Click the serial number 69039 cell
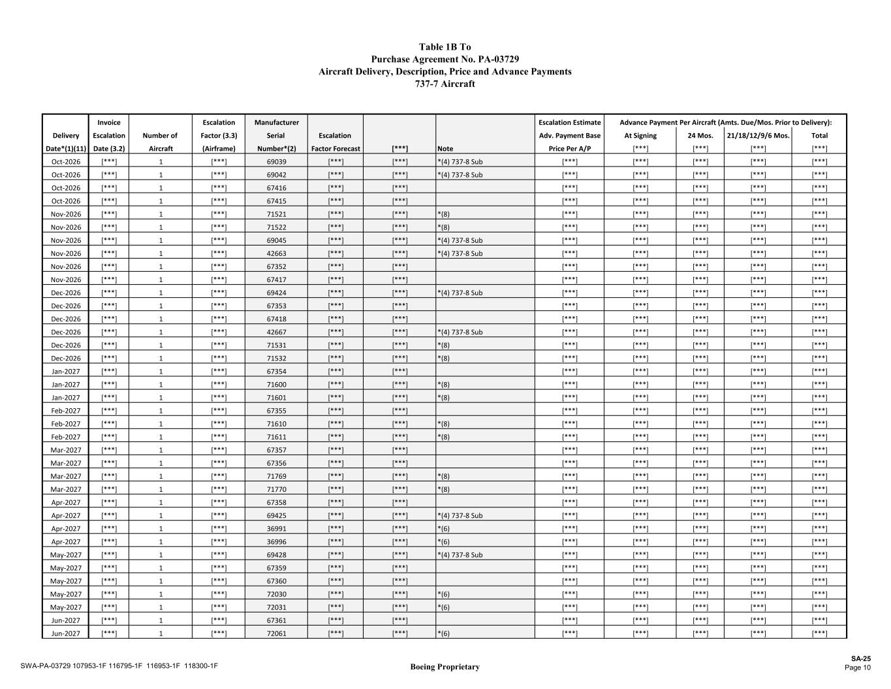click(277, 161)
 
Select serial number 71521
click(277, 214)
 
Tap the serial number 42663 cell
click(277, 253)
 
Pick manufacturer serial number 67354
click(277, 372)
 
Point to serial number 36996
click(277, 542)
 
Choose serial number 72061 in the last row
click(277, 633)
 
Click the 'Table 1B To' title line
click(445, 47)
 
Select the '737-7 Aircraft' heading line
click(445, 84)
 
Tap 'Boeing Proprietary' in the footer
click(445, 667)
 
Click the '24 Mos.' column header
click(700, 136)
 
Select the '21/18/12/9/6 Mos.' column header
click(758, 136)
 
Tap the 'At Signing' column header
click(640, 136)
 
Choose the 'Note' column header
click(445, 149)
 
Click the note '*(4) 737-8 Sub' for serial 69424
click(460, 293)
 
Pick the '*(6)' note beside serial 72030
click(443, 594)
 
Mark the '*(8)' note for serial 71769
click(443, 477)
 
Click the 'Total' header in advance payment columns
click(819, 136)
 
